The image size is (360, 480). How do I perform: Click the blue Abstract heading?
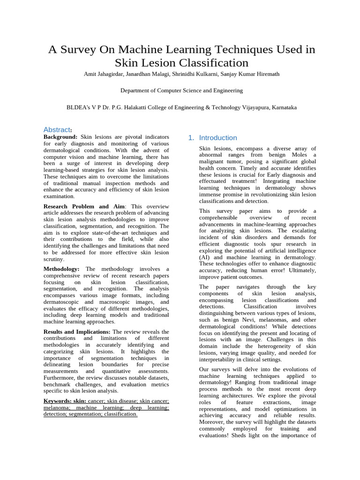[x=57, y=129]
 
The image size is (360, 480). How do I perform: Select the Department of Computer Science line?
[x=181, y=90]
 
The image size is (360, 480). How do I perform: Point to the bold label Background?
[x=61, y=136]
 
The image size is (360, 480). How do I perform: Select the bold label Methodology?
[x=61, y=269]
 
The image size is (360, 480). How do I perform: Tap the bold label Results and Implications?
[x=77, y=331]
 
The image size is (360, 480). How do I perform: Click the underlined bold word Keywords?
[x=57, y=401]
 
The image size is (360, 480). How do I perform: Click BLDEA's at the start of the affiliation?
[x=78, y=107]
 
